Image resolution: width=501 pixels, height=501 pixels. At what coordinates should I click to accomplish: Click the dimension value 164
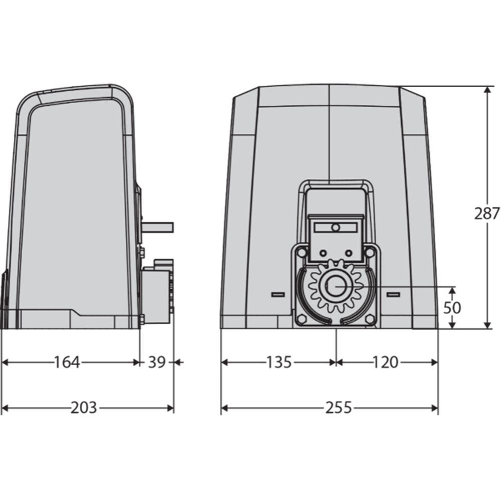click(x=67, y=362)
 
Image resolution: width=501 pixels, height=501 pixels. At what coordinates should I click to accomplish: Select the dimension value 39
click(x=157, y=362)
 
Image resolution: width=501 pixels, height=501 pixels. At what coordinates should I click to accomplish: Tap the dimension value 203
click(x=83, y=408)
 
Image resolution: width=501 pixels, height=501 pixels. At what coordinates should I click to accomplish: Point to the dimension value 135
click(x=279, y=362)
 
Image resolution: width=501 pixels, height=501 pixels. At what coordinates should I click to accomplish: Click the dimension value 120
click(x=386, y=362)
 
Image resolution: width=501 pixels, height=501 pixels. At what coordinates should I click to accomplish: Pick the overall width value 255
click(x=339, y=408)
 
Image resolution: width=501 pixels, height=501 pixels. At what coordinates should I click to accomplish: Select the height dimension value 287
click(x=486, y=214)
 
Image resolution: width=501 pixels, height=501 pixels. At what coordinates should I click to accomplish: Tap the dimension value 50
click(x=452, y=308)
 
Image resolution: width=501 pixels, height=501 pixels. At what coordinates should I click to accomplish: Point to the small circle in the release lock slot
click(x=336, y=227)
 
